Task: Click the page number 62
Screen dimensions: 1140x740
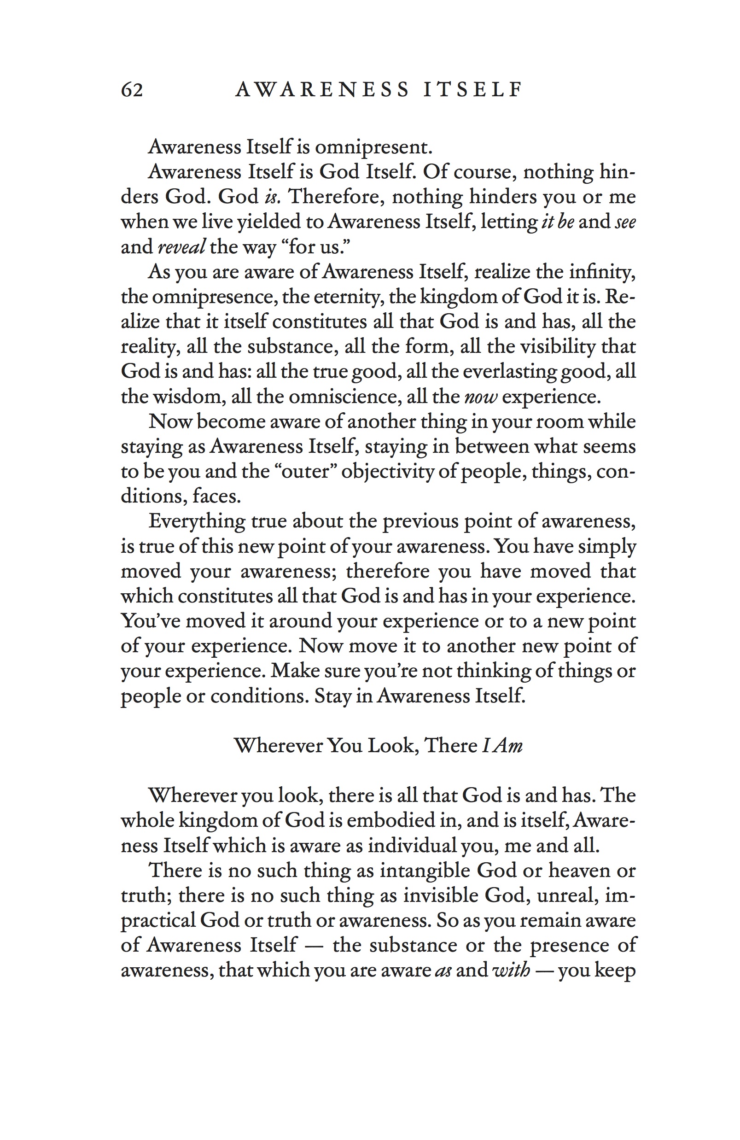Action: point(132,89)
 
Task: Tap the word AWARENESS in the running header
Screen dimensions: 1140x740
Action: point(322,89)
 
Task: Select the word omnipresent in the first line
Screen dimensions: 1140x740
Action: point(373,147)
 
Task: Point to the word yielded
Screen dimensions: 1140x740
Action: point(274,222)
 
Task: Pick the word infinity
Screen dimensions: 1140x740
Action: point(602,272)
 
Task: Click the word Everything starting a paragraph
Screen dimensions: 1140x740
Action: point(196,521)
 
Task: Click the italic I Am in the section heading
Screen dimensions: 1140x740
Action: point(502,746)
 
